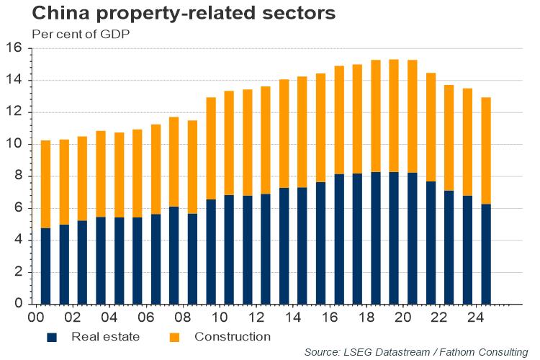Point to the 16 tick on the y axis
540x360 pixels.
[17, 48]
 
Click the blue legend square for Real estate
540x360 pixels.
[51, 337]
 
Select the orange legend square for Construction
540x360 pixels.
[175, 337]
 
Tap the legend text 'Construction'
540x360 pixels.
[232, 336]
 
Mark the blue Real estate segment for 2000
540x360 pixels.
[45, 266]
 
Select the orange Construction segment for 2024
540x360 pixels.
[486, 150]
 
